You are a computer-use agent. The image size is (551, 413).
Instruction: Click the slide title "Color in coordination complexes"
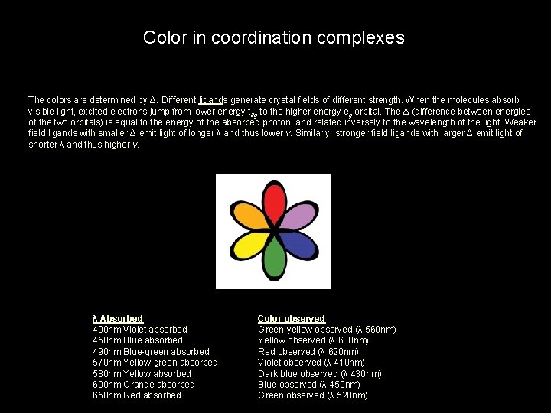pos(274,37)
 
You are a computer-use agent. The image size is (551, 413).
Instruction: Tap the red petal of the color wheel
pos(274,202)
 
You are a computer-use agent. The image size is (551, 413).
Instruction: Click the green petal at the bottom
pos(274,260)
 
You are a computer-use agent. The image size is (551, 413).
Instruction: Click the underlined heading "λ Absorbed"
pos(117,318)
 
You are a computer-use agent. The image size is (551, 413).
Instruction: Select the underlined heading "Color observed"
pos(292,318)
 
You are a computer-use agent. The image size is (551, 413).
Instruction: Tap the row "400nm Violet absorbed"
pos(139,330)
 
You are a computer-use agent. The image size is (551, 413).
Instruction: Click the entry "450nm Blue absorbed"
pos(137,340)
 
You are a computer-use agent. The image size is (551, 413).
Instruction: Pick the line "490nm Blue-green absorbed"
pos(151,352)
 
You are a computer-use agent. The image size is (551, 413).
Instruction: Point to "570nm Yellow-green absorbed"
pos(155,363)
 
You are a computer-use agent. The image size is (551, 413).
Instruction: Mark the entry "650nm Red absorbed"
pos(136,395)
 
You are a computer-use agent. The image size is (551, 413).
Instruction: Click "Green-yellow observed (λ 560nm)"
pos(327,330)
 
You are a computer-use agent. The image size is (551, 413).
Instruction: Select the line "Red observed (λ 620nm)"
pos(308,352)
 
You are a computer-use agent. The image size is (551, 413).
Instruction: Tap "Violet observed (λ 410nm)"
pos(311,363)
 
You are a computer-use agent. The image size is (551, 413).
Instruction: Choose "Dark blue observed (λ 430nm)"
pos(319,374)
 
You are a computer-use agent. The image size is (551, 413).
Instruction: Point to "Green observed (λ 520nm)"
pos(312,395)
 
